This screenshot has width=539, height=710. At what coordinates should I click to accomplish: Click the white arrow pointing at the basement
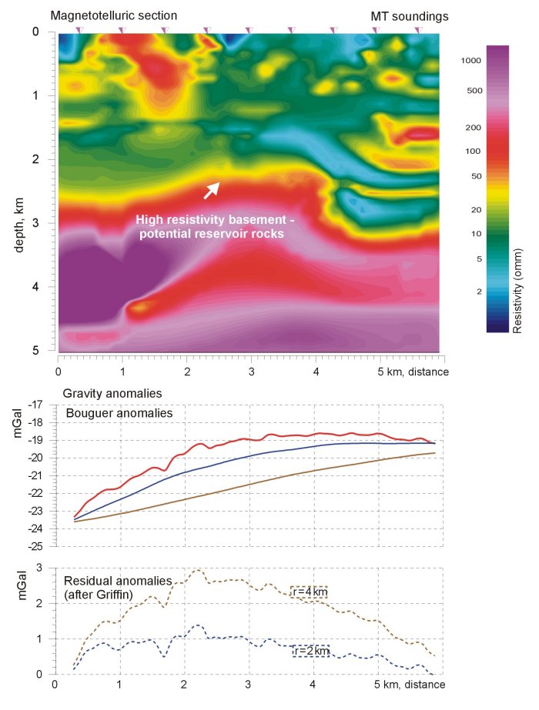[212, 189]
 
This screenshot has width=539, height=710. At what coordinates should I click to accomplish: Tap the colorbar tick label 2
[479, 292]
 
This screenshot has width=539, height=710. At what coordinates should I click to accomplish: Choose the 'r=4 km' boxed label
[309, 591]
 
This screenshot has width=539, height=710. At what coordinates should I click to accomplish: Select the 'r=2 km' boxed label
[311, 652]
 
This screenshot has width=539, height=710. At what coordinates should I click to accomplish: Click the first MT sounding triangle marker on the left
[79, 30]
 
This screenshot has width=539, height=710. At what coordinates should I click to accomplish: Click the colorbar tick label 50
[476, 177]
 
